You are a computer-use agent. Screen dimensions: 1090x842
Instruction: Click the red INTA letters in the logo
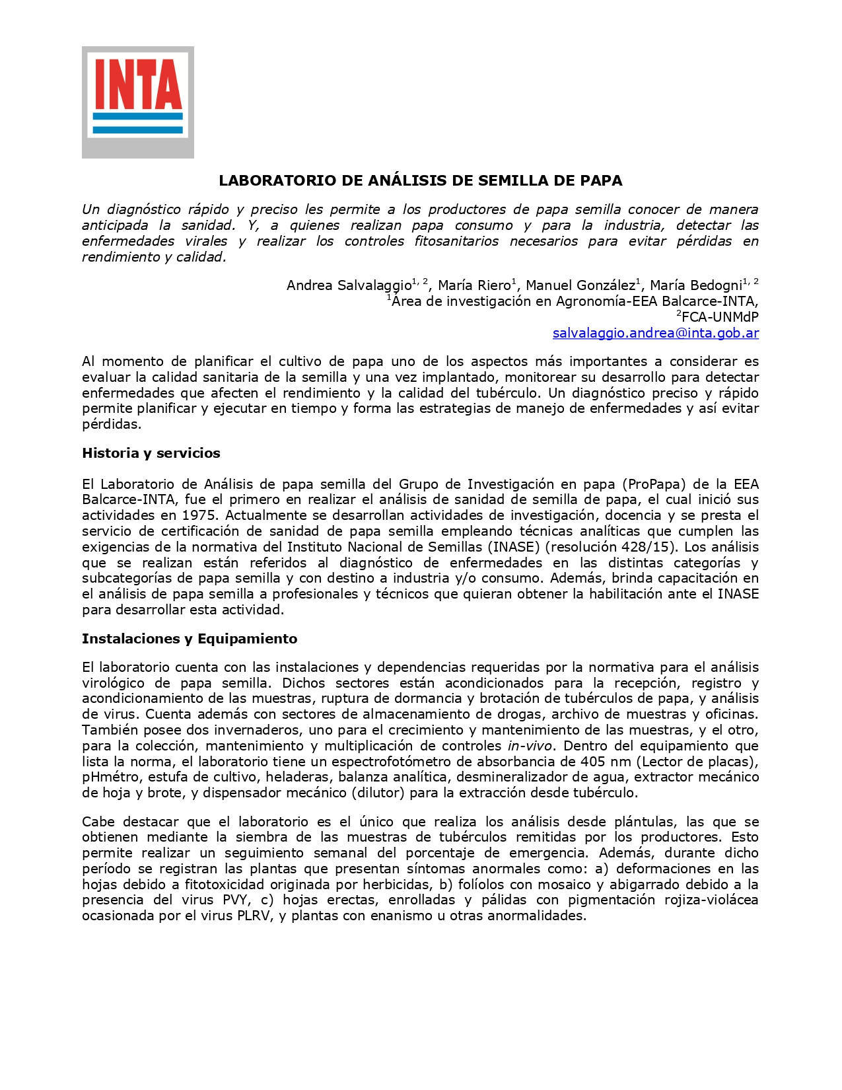pyautogui.click(x=137, y=84)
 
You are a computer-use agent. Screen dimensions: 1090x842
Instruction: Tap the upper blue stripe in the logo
pyautogui.click(x=137, y=116)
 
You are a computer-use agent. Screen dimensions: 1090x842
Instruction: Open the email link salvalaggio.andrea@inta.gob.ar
pyautogui.click(x=655, y=333)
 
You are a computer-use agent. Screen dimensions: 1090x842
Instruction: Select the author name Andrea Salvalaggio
pyautogui.click(x=349, y=285)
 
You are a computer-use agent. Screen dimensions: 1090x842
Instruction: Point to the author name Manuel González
pyautogui.click(x=580, y=285)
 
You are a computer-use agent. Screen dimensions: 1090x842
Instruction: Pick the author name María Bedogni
pyautogui.click(x=695, y=285)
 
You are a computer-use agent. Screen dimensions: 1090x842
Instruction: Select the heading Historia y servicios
pyautogui.click(x=151, y=453)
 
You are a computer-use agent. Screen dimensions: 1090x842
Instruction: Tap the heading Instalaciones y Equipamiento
pyautogui.click(x=190, y=639)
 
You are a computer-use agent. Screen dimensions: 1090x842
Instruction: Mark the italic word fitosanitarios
pyautogui.click(x=456, y=241)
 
